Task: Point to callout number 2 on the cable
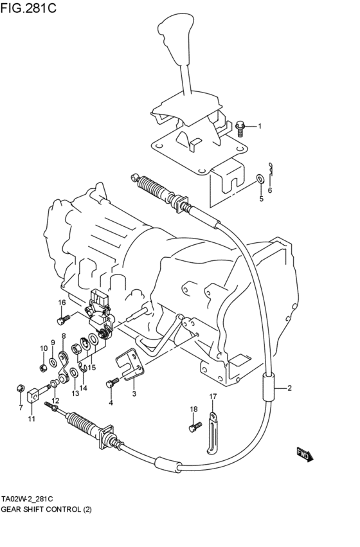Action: tap(289, 388)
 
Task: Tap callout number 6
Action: tap(269, 191)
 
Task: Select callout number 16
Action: tap(62, 303)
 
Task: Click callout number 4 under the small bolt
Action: tap(111, 403)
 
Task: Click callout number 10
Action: tap(44, 348)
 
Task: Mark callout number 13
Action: tap(75, 393)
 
